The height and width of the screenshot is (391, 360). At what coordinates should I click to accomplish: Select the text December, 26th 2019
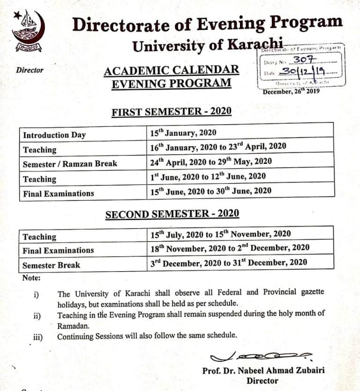pos(292,91)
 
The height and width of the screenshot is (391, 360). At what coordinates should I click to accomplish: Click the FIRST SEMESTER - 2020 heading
pos(172,112)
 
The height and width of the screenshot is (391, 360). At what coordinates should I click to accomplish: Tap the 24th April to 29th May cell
pos(211,162)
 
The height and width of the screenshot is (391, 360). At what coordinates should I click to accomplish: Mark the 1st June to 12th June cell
pos(208,177)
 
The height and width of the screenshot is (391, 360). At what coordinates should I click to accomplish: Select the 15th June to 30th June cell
pos(210,191)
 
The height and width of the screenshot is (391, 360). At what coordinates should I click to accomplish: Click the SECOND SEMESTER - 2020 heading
pos(172,214)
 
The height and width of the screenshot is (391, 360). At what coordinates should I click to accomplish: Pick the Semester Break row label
pos(51,265)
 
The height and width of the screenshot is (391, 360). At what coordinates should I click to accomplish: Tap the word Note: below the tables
pos(31,278)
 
